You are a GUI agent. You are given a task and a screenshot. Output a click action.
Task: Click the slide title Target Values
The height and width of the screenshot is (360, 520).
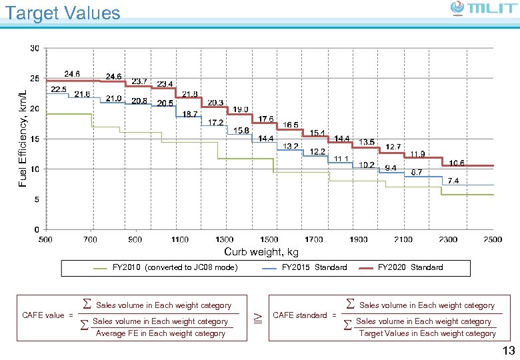(63, 13)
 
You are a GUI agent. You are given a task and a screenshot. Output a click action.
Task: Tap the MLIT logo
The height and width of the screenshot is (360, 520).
(482, 9)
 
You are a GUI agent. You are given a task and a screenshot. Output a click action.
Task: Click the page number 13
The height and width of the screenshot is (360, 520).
(508, 351)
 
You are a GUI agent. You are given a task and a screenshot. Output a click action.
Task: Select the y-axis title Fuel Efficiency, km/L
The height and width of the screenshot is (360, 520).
(23, 129)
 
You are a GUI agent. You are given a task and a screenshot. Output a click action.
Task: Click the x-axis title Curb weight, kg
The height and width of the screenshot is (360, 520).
(261, 252)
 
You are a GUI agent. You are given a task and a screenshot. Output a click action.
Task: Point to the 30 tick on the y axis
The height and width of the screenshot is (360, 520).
(34, 48)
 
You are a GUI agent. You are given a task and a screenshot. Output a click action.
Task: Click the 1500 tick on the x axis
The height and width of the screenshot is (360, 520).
(269, 239)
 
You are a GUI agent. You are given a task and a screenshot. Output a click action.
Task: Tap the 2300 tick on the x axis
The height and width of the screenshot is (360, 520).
(448, 239)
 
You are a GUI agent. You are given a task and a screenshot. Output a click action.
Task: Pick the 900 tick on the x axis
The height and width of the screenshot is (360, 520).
(135, 239)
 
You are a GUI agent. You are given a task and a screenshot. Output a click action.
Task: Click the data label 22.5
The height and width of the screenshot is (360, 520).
(59, 89)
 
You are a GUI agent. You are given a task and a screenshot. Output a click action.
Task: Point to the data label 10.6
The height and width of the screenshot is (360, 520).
(457, 163)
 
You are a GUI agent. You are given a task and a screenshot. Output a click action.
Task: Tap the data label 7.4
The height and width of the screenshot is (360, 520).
(453, 181)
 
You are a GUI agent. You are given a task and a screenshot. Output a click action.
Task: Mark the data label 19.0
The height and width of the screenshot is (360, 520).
(241, 109)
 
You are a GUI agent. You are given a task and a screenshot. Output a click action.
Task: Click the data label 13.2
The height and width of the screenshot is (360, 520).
(291, 146)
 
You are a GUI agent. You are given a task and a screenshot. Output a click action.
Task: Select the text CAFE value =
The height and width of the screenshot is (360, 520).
(47, 315)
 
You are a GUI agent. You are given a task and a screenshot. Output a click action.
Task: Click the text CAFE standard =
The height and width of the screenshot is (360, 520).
(305, 315)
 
